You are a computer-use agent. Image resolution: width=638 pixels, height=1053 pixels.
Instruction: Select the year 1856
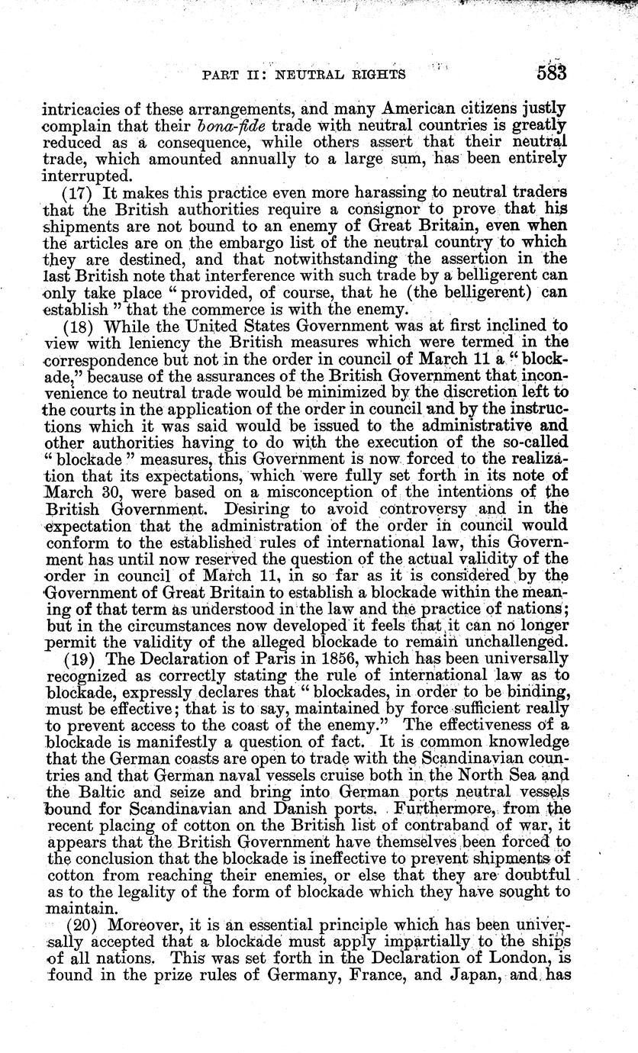[312, 657]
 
